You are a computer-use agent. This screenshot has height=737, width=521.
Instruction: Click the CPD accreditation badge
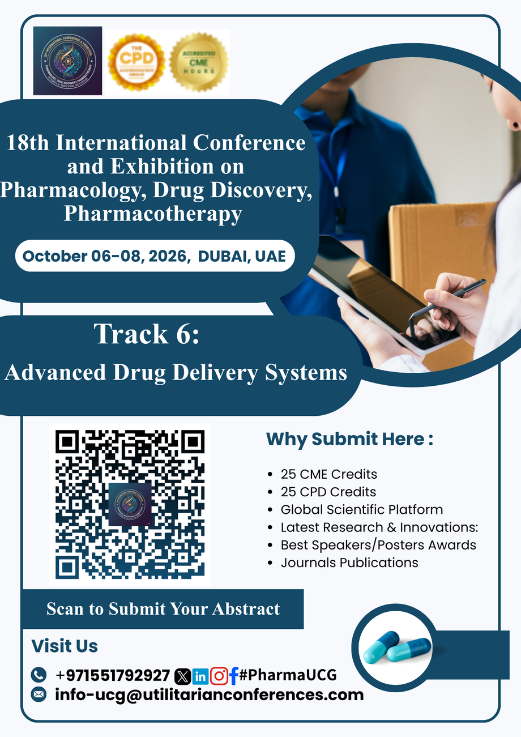click(136, 62)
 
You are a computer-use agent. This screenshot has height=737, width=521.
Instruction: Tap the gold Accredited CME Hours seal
click(199, 62)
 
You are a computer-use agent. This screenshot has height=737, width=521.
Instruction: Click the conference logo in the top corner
click(67, 61)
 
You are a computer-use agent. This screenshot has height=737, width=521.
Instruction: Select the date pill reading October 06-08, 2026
click(154, 255)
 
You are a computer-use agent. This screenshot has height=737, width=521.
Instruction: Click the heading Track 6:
click(147, 334)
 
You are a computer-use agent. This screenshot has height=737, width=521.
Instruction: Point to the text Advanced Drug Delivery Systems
click(176, 372)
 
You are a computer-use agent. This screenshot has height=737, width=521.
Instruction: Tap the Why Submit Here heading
click(349, 439)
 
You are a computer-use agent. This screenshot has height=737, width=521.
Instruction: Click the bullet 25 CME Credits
click(328, 474)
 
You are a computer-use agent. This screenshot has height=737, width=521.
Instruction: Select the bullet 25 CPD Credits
click(328, 492)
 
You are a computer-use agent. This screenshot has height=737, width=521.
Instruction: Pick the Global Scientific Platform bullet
click(361, 509)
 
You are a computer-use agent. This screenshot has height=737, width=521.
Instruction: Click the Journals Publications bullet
click(349, 563)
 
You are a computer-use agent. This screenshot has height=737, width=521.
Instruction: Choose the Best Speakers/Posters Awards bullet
click(378, 545)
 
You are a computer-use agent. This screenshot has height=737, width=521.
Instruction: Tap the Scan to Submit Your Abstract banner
click(163, 609)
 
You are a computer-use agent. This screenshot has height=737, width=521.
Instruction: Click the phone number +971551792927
click(113, 675)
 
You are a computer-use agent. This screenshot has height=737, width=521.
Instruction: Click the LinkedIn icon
click(200, 676)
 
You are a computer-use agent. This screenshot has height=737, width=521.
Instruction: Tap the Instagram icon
click(219, 676)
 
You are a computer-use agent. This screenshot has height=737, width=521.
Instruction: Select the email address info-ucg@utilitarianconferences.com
click(209, 695)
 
